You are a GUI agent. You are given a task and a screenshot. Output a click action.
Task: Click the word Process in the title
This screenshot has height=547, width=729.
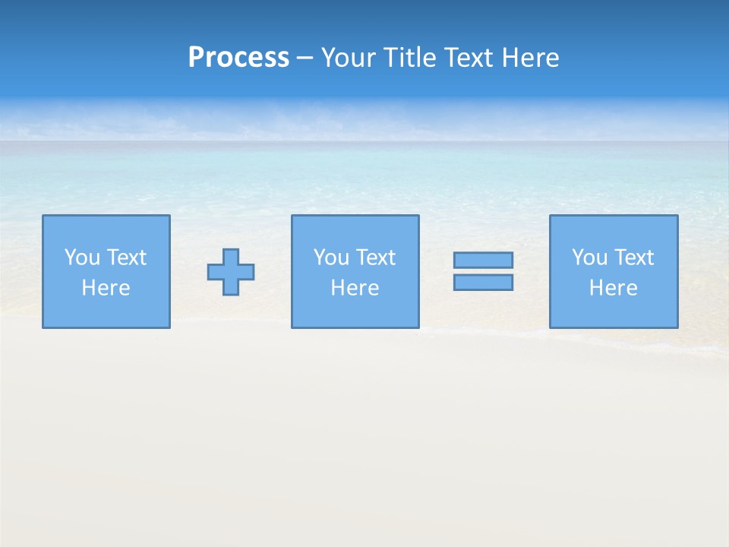tap(238, 58)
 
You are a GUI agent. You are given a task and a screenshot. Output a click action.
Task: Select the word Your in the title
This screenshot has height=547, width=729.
tap(349, 58)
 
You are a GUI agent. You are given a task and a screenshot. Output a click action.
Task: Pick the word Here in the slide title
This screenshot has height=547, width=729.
tap(532, 58)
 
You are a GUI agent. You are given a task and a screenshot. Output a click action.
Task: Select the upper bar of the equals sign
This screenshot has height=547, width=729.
tap(483, 260)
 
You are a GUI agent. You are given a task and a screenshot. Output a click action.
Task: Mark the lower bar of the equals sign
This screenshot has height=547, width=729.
tap(483, 283)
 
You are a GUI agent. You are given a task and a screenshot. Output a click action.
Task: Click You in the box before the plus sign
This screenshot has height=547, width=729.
tap(82, 258)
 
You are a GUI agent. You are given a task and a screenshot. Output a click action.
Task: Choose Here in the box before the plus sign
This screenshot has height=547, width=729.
tap(106, 288)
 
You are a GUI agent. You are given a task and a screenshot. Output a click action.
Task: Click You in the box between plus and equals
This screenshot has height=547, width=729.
tap(331, 258)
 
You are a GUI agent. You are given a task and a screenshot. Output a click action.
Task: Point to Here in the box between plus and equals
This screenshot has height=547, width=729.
tap(355, 288)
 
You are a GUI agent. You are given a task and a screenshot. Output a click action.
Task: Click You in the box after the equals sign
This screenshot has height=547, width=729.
tap(589, 258)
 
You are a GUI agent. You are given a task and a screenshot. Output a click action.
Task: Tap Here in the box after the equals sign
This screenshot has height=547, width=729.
tap(613, 288)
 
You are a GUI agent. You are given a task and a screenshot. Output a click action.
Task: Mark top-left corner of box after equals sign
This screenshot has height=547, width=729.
tap(551, 216)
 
